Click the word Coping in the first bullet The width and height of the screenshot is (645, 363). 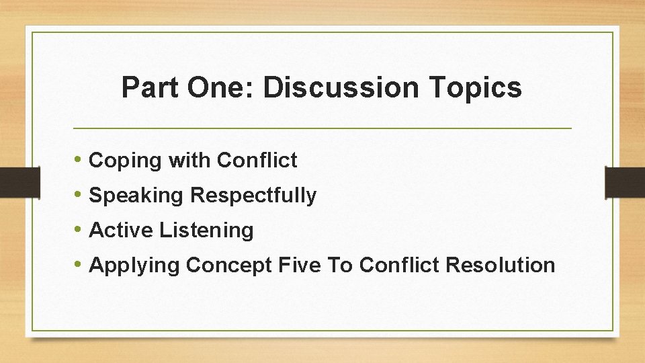point(126,161)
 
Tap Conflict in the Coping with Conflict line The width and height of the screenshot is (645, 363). point(257,160)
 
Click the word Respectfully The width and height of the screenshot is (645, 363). point(253,196)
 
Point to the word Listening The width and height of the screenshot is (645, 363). point(206,231)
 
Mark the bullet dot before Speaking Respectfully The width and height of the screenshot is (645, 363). point(79,196)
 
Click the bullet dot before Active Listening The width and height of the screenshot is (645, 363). point(79,231)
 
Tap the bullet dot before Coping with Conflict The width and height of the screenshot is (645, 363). point(79,161)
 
